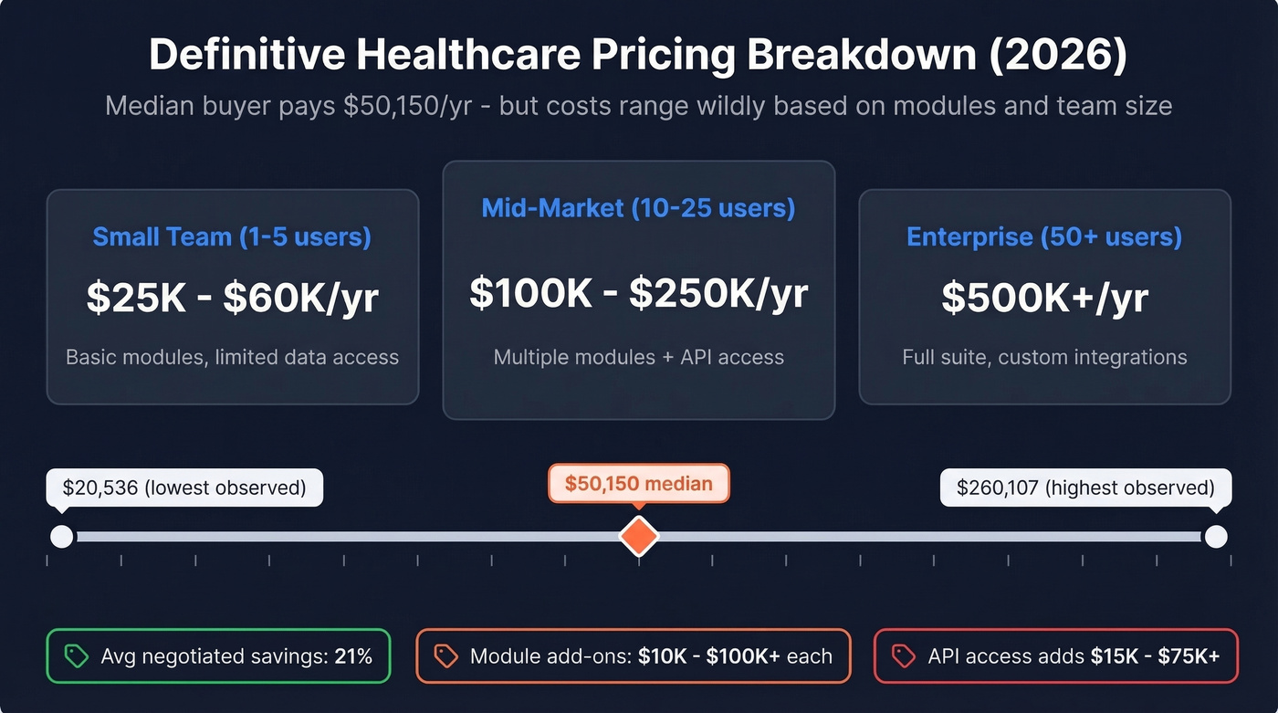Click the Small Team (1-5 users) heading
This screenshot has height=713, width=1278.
(x=232, y=237)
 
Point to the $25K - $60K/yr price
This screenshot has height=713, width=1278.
(x=232, y=299)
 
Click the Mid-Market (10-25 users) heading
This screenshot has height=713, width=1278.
(x=638, y=208)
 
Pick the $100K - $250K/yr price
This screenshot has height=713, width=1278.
(x=638, y=292)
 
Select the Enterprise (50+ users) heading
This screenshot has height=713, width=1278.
(x=1044, y=237)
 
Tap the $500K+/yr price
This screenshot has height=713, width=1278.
(x=1044, y=299)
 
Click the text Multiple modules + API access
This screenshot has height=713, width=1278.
(x=638, y=357)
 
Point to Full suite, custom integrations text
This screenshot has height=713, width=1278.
(x=1044, y=357)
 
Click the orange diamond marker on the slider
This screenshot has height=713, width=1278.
(x=638, y=536)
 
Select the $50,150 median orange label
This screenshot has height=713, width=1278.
(x=638, y=484)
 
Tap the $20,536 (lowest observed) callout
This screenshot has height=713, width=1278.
(x=183, y=488)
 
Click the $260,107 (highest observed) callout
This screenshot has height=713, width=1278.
(x=1085, y=488)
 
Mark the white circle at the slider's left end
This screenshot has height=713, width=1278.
(x=61, y=536)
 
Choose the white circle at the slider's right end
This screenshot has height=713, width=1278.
(x=1215, y=536)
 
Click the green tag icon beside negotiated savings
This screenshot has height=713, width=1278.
(x=76, y=655)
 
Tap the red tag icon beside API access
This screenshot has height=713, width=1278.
(x=903, y=655)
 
